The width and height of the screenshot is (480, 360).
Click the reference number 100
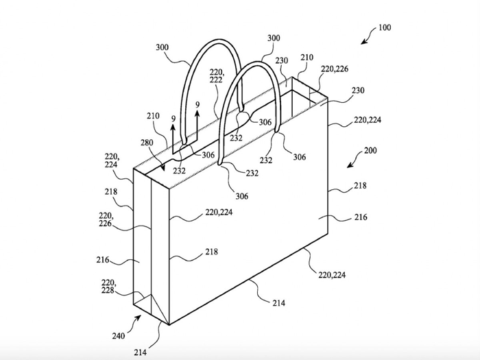click(x=385, y=27)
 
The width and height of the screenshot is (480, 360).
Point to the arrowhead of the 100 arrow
click(x=363, y=42)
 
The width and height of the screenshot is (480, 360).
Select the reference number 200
click(x=370, y=151)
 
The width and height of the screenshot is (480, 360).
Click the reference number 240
click(x=119, y=336)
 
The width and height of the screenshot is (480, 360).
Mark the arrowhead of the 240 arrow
click(x=138, y=317)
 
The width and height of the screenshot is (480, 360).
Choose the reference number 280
click(x=147, y=143)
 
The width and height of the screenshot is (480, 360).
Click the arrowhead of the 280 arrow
click(x=163, y=168)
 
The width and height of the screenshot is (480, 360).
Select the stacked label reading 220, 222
click(x=217, y=76)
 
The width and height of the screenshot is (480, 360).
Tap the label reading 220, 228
click(x=108, y=286)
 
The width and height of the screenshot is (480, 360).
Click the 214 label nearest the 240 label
click(x=140, y=352)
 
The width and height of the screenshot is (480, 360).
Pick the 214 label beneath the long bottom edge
click(x=278, y=303)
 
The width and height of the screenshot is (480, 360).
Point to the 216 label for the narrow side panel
click(x=103, y=260)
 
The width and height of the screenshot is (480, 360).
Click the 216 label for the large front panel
click(x=361, y=217)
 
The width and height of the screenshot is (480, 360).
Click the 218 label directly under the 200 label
click(x=360, y=186)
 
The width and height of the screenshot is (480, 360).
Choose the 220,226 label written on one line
click(x=335, y=69)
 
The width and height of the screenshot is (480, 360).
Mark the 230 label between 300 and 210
click(x=282, y=60)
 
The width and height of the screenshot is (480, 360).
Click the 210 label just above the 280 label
click(x=153, y=116)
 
